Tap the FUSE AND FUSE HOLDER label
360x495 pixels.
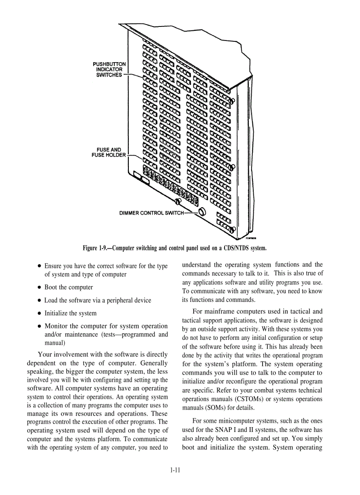pyautogui.click(x=109, y=153)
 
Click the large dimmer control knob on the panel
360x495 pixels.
pyautogui.click(x=202, y=212)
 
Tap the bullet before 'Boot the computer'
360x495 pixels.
pyautogui.click(x=40, y=287)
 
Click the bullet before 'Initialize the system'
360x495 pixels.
pyautogui.click(x=40, y=313)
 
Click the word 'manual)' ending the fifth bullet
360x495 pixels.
pyautogui.click(x=55, y=342)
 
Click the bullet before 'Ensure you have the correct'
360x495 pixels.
pyautogui.click(x=40, y=266)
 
